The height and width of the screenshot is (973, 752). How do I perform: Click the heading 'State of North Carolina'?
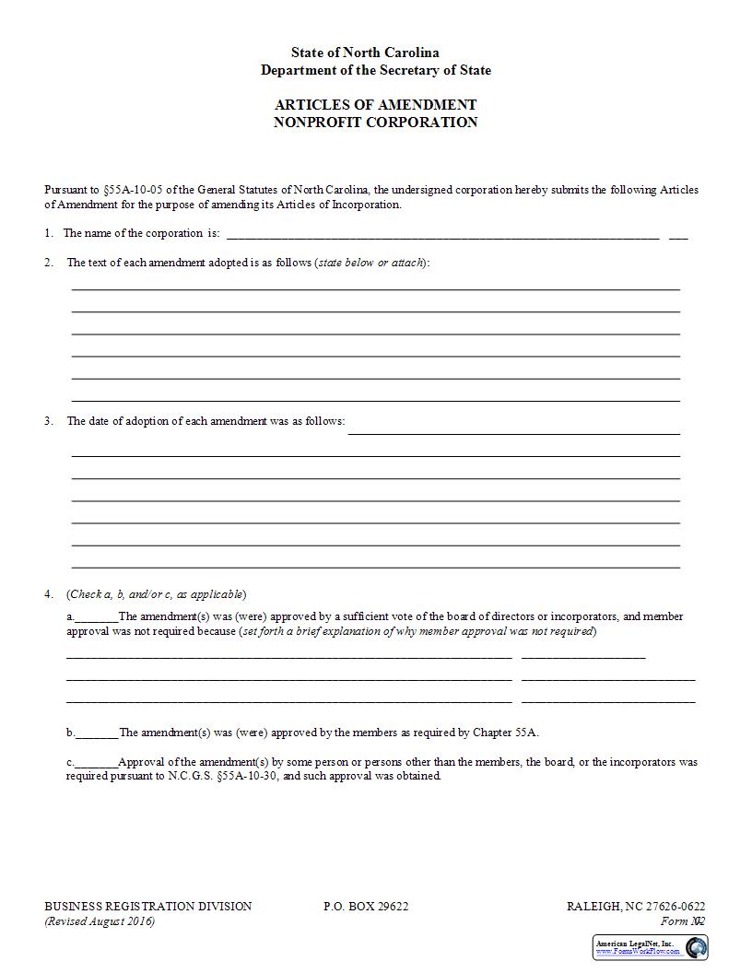[365, 53]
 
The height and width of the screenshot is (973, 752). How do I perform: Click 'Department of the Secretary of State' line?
[375, 71]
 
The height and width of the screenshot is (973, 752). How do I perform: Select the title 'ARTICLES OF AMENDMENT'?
[375, 105]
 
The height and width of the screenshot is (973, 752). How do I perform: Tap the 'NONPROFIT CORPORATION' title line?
[375, 123]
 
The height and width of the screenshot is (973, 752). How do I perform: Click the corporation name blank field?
[442, 234]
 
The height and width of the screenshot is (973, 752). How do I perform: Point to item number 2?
[49, 263]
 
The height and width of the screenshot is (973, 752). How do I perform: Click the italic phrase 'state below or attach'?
[370, 263]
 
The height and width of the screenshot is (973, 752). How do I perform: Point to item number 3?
[49, 421]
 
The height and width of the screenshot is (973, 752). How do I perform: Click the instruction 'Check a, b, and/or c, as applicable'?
[157, 594]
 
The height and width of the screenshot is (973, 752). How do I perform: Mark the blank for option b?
[97, 734]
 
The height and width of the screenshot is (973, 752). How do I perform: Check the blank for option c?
[96, 764]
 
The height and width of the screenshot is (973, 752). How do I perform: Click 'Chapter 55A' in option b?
[505, 733]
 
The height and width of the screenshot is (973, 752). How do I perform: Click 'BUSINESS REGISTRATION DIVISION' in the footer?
[147, 907]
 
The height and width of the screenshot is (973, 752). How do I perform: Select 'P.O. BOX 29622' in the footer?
[366, 907]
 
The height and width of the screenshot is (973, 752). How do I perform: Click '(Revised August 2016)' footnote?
[100, 921]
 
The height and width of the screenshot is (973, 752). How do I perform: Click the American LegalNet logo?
[650, 947]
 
